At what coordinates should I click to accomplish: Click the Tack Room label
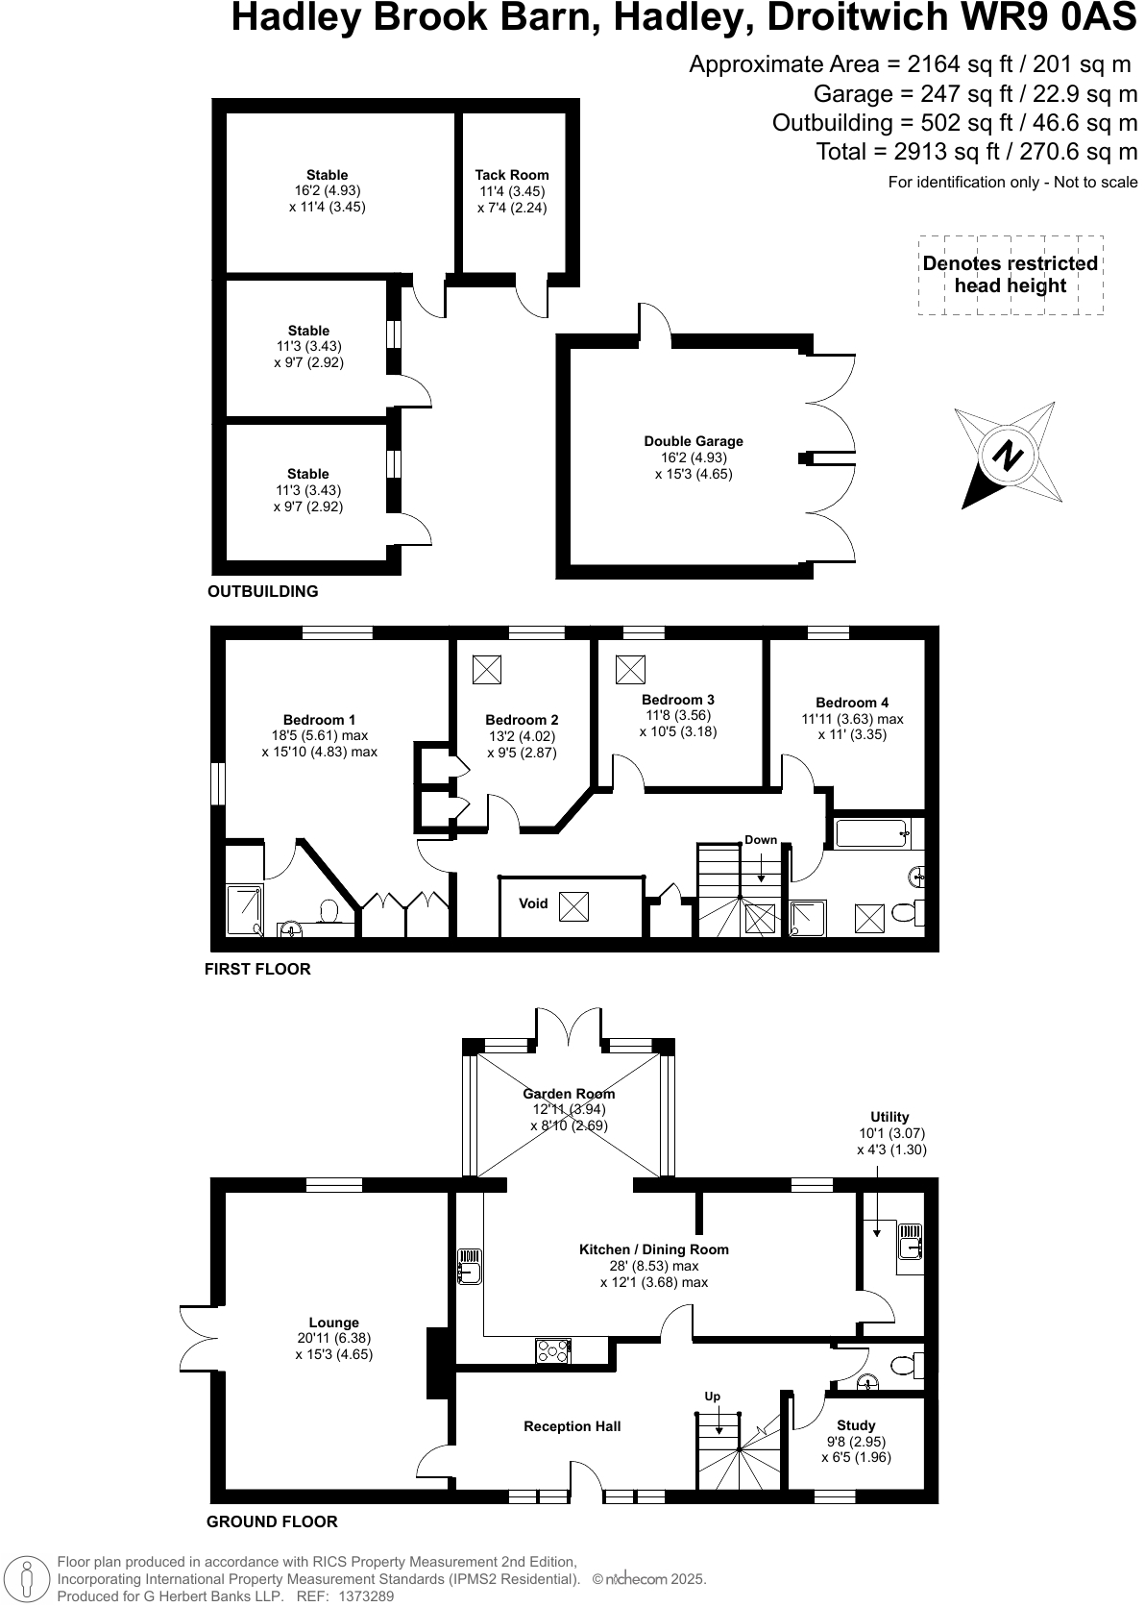pyautogui.click(x=512, y=175)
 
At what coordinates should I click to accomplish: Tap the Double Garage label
pyautogui.click(x=694, y=441)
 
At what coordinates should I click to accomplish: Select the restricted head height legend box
pyautogui.click(x=1011, y=275)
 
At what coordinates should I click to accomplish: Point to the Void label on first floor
pyautogui.click(x=533, y=903)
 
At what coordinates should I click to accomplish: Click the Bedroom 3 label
pyautogui.click(x=677, y=700)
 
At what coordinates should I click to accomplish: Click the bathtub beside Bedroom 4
pyautogui.click(x=873, y=832)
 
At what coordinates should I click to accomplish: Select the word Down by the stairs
pyautogui.click(x=761, y=839)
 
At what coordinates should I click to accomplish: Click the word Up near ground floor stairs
pyautogui.click(x=712, y=1397)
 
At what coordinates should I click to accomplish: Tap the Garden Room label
pyautogui.click(x=569, y=1094)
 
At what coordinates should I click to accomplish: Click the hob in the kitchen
pyautogui.click(x=552, y=1350)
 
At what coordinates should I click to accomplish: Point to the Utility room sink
pyautogui.click(x=909, y=1247)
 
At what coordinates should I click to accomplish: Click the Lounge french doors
pyautogui.click(x=198, y=1342)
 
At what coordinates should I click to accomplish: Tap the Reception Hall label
pyautogui.click(x=572, y=1426)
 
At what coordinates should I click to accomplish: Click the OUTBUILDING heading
pyautogui.click(x=262, y=591)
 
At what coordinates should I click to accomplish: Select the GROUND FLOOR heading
pyautogui.click(x=272, y=1521)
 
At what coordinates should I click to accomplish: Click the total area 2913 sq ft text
pyautogui.click(x=976, y=151)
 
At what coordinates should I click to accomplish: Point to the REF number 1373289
pyautogui.click(x=362, y=1596)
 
